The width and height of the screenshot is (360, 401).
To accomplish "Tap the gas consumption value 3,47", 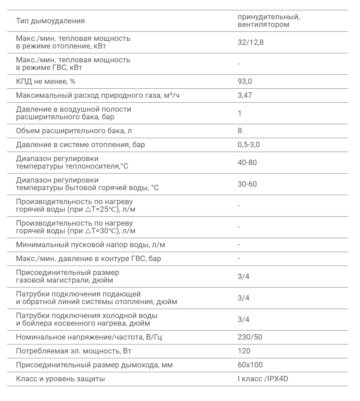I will pos(245,95).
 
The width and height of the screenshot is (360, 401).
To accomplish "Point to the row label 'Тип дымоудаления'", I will pos(50,21).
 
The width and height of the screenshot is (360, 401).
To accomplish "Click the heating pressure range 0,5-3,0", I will pos(249,145).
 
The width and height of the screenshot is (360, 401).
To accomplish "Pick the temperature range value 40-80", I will pos(247,162).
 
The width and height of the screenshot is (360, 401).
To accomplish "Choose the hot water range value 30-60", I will pos(247,184).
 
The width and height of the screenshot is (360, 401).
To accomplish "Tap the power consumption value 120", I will pos(244,351).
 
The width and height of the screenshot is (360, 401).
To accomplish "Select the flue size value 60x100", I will pos(250,365).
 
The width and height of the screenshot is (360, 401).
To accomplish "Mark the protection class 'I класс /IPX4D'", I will pos(263,379).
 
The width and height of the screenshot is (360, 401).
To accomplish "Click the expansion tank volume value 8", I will pos(240,131).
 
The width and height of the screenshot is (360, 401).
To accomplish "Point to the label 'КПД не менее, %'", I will pos(45,81).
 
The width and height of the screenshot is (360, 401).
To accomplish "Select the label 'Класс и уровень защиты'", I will pos(60,379).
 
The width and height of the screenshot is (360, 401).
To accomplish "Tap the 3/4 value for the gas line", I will pos(243,276).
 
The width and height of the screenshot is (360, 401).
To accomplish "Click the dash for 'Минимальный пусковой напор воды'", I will pos(239,245).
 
